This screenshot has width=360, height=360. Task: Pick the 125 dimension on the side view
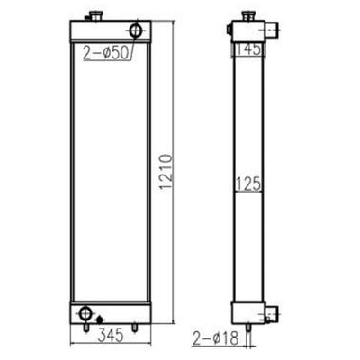tap(248, 184)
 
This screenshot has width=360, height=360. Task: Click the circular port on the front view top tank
tap(135, 30)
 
